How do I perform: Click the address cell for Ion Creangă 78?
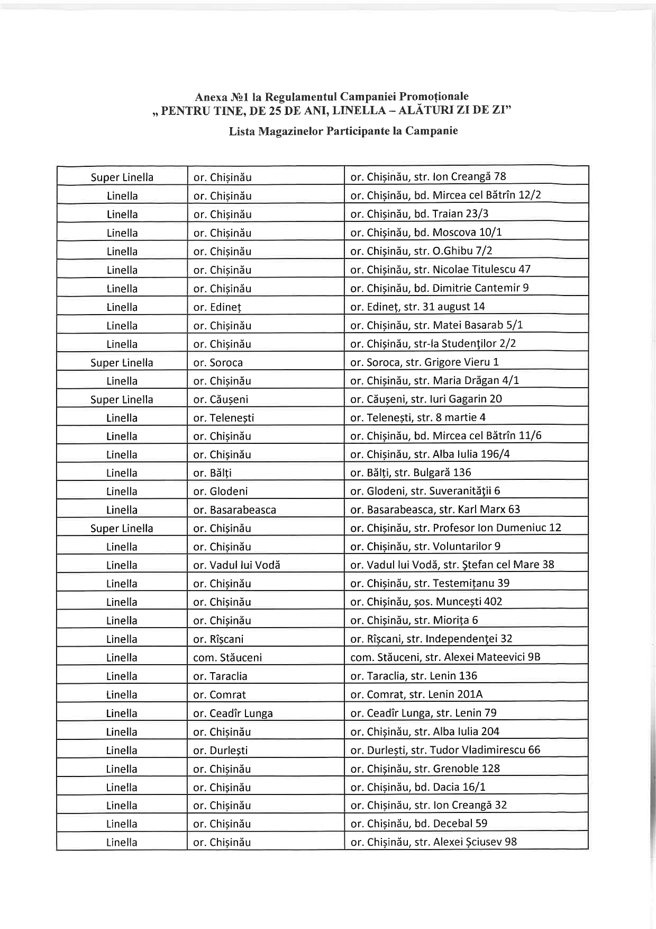pyautogui.click(x=428, y=176)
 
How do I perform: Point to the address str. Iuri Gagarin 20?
pyautogui.click(x=426, y=399)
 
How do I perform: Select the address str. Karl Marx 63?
pyautogui.click(x=435, y=510)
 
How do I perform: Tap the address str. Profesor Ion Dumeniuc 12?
pyautogui.click(x=455, y=528)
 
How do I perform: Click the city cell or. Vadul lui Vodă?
pyautogui.click(x=236, y=565)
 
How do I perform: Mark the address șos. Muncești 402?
pyautogui.click(x=426, y=602)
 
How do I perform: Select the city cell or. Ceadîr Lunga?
pyautogui.click(x=233, y=713)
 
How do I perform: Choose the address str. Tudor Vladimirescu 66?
pyautogui.click(x=445, y=750)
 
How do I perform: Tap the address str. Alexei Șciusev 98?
pyautogui.click(x=433, y=842)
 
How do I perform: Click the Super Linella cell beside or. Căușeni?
pyautogui.click(x=122, y=400)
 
